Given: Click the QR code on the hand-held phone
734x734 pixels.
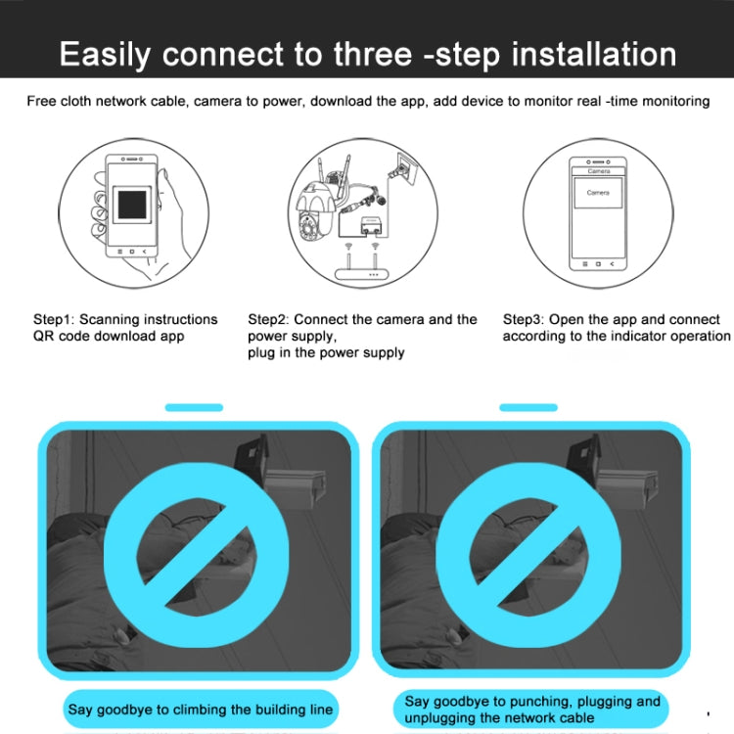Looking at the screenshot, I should pos(132,206).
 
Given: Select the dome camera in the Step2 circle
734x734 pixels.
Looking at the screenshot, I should pos(316,211).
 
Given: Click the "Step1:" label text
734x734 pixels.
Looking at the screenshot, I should pos(54,319).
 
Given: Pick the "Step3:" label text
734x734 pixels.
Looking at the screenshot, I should pos(524,319).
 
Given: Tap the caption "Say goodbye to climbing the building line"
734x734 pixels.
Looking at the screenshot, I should pos(200,709).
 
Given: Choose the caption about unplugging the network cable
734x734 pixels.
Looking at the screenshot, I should pos(532,710).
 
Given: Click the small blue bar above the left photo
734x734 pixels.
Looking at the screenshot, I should pos(194,407).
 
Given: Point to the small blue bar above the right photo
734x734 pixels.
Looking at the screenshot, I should pos(528,407).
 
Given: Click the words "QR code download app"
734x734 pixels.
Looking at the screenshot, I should pos(109,336).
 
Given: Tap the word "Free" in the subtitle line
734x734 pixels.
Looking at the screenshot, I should pos(42,101).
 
